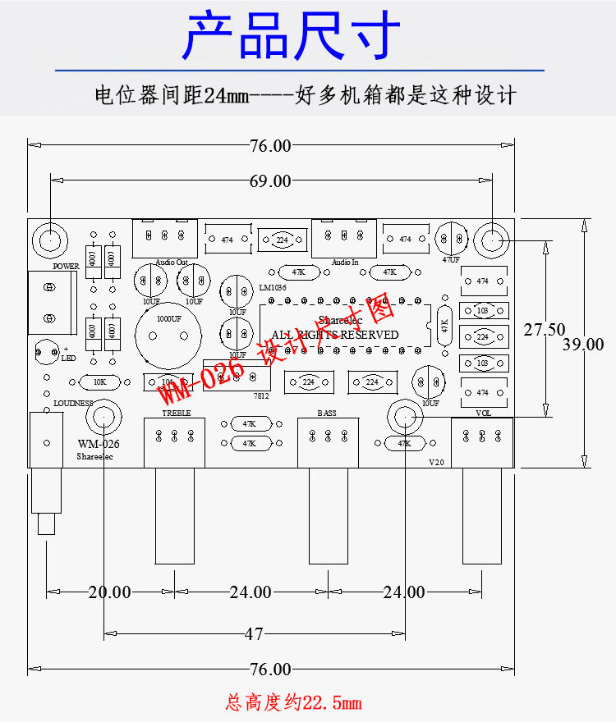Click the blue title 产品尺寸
click(292, 37)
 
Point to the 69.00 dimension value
click(270, 181)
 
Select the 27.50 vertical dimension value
click(544, 330)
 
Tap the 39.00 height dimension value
click(583, 345)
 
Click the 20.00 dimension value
click(109, 592)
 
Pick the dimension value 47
click(254, 633)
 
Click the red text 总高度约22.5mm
click(293, 703)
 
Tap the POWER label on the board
click(66, 267)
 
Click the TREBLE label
click(176, 414)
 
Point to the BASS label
click(326, 414)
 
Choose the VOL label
click(483, 414)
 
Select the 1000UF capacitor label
click(169, 318)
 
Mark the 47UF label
click(451, 260)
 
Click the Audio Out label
click(172, 263)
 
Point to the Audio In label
click(345, 263)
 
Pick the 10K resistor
click(100, 382)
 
